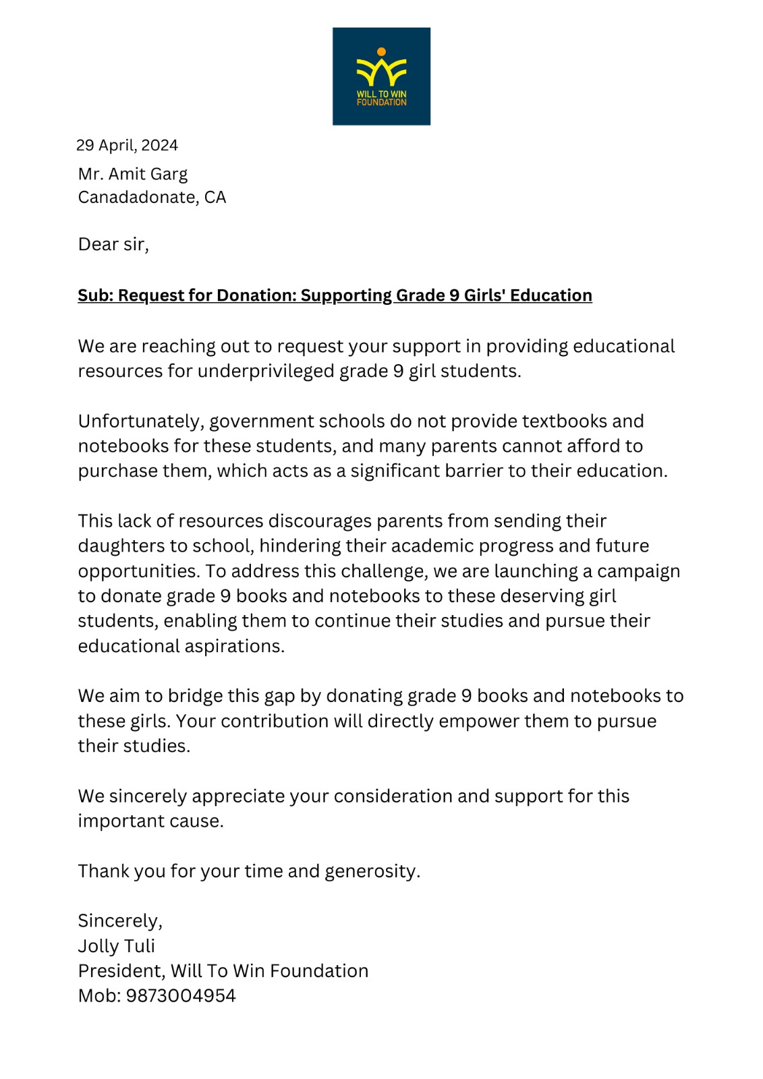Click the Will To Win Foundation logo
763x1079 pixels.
[381, 76]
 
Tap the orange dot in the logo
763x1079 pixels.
[381, 52]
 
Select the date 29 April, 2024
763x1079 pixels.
[127, 146]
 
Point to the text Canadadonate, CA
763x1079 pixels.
[152, 198]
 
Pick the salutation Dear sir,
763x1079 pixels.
[113, 244]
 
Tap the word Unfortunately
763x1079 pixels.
[140, 421]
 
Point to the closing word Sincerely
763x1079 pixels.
[119, 921]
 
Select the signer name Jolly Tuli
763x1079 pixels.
[116, 946]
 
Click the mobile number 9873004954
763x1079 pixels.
[181, 996]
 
